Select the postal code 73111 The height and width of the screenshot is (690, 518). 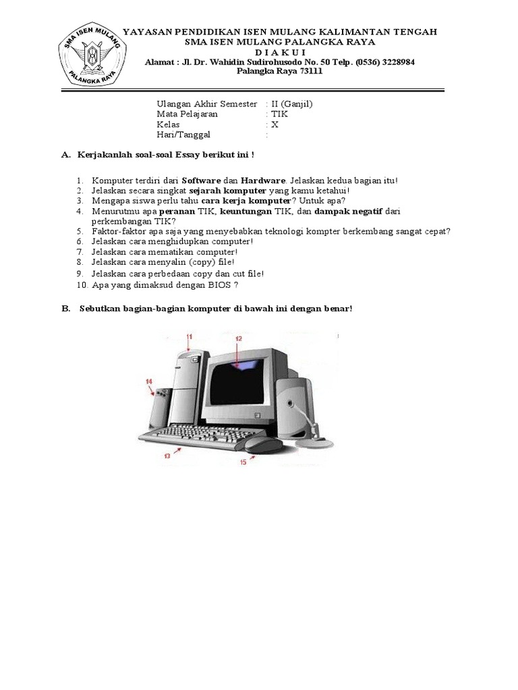pyautogui.click(x=309, y=72)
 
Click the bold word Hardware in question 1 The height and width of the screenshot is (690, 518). pyautogui.click(x=264, y=181)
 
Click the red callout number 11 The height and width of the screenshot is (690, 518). pyautogui.click(x=190, y=336)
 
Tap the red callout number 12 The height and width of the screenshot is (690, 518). pyautogui.click(x=238, y=339)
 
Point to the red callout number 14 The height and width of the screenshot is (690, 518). pyautogui.click(x=149, y=381)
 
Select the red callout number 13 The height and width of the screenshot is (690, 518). pyautogui.click(x=167, y=456)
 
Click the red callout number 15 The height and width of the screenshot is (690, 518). pyautogui.click(x=242, y=462)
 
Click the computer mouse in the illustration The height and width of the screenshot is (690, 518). pyautogui.click(x=264, y=443)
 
